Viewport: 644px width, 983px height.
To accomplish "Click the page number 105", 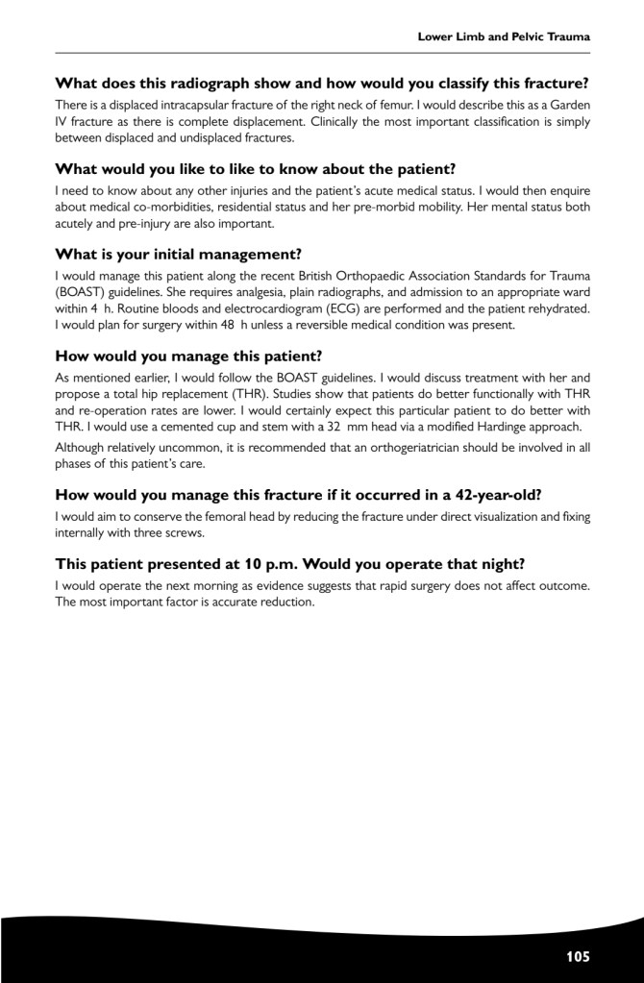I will (578, 956).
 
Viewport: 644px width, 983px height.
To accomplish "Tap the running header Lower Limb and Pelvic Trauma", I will (503, 37).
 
